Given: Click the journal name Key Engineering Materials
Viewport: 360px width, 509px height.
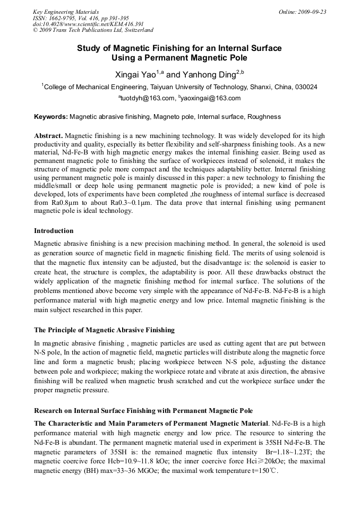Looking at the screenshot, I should (66, 12).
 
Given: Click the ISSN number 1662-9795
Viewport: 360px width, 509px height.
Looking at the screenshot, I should (64, 18).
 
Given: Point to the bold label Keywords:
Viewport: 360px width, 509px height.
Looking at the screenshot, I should (51, 116).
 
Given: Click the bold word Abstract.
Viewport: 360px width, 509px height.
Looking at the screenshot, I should (48, 136).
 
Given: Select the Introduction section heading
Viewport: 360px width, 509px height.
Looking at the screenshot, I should (54, 231).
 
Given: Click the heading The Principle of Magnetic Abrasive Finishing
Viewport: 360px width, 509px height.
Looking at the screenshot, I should (104, 330).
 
